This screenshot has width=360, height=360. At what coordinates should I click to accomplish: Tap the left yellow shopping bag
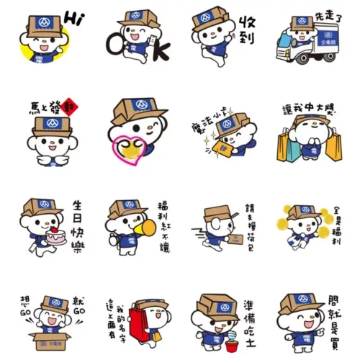[x=283, y=146]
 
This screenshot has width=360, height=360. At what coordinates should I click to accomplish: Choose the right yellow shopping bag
[x=335, y=146]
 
